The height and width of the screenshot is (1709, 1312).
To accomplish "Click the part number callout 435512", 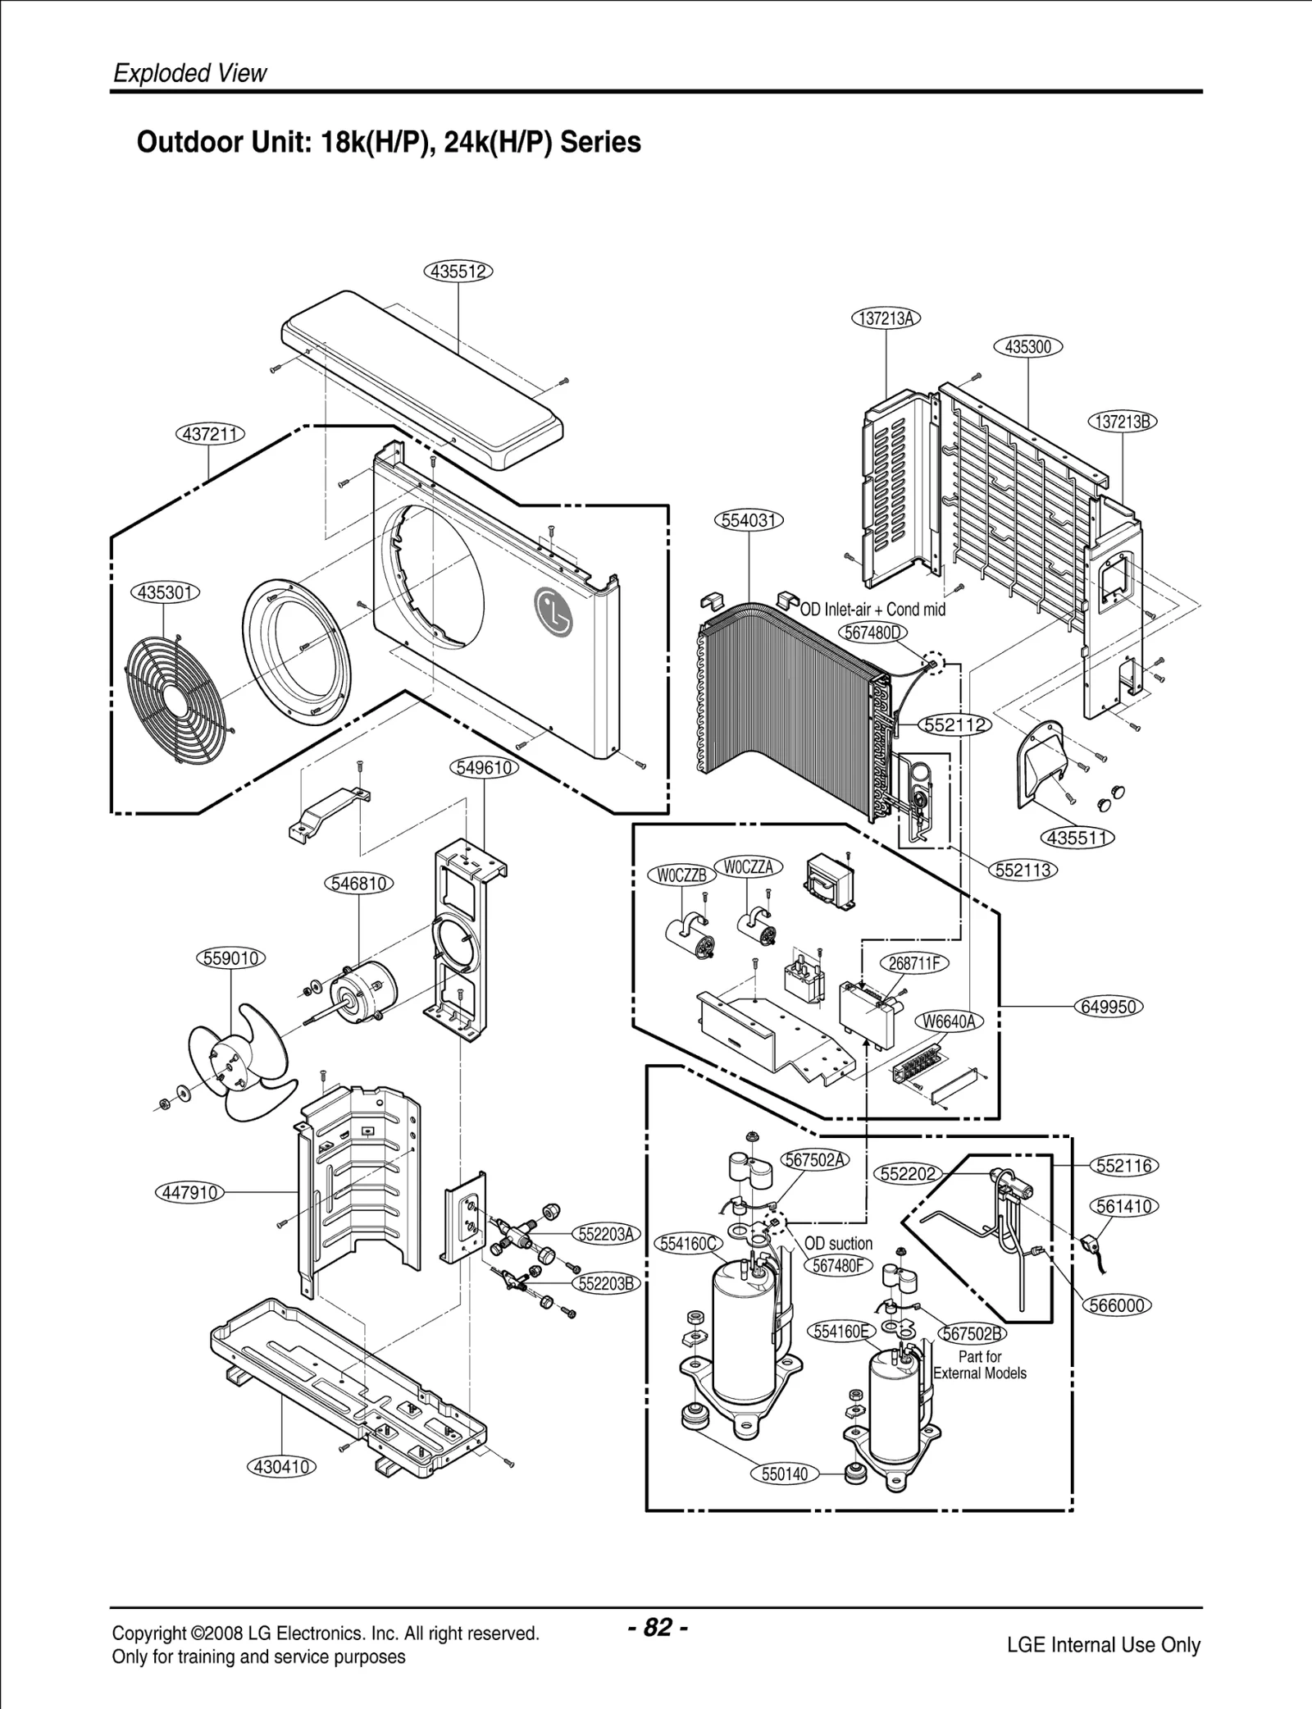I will coord(458,271).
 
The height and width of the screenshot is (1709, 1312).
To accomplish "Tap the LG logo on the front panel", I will coord(553,612).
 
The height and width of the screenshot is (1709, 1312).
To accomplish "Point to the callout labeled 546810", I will coord(359,884).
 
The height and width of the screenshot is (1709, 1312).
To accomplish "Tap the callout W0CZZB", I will coord(682,875).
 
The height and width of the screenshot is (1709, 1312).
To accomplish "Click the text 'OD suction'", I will coord(838,1244).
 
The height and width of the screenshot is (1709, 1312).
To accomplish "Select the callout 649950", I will coord(1109,1007).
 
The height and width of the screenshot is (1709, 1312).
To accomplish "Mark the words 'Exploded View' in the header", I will coord(190,73).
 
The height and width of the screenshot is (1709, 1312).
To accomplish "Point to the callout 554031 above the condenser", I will coord(749,520).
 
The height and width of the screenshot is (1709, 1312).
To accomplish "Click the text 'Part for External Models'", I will coord(980,1365).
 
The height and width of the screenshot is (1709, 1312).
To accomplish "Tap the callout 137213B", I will coord(1123,422).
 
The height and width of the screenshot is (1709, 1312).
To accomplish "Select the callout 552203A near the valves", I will coord(606,1235).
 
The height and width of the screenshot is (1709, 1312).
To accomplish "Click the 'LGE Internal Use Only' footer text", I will coord(1103,1644).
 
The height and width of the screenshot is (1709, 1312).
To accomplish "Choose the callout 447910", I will coord(189,1192).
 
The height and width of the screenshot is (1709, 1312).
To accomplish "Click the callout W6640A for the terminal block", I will coord(949,1021).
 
